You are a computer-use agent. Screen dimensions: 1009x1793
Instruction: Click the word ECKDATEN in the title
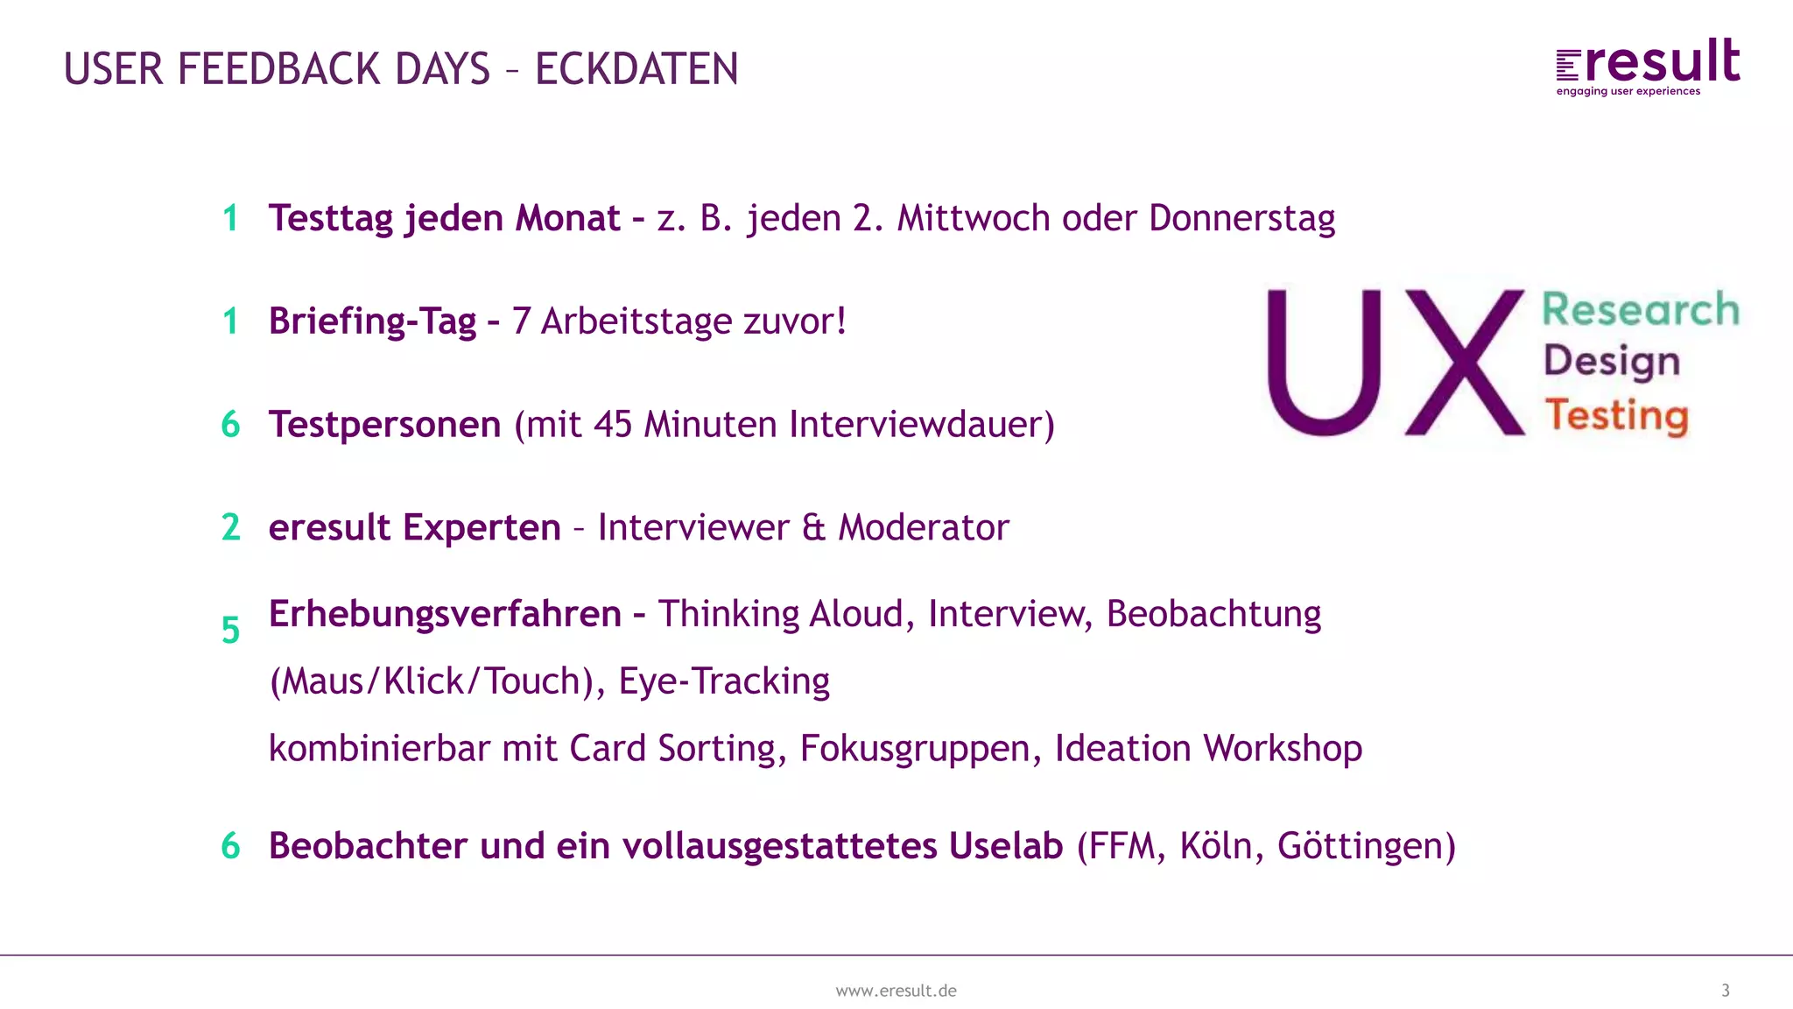click(636, 69)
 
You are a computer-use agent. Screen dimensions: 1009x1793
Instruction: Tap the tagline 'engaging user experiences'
click(1628, 91)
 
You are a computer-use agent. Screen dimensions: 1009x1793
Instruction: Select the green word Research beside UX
click(1640, 309)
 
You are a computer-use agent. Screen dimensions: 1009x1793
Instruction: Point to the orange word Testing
click(1616, 415)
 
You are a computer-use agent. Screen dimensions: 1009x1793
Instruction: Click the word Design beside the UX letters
click(1612, 362)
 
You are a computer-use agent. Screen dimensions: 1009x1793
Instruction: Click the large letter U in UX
click(1325, 362)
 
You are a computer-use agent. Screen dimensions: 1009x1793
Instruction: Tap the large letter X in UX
click(1465, 362)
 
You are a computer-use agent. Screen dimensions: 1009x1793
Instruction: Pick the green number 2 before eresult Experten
click(231, 527)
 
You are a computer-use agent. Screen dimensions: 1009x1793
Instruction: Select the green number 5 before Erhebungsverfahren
click(230, 630)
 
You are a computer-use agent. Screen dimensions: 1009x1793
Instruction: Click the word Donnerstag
click(1241, 218)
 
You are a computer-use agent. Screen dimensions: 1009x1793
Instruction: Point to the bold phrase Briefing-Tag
click(372, 321)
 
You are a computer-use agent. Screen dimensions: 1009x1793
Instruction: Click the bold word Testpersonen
click(384, 425)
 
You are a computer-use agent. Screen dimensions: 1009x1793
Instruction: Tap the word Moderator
click(924, 527)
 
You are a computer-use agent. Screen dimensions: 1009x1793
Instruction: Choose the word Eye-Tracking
click(724, 681)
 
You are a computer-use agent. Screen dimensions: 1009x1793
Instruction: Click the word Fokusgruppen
click(914, 749)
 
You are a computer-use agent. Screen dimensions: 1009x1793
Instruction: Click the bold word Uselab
click(1006, 846)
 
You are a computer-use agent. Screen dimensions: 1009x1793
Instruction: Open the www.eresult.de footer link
click(896, 991)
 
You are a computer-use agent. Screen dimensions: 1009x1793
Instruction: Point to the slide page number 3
click(1726, 991)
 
